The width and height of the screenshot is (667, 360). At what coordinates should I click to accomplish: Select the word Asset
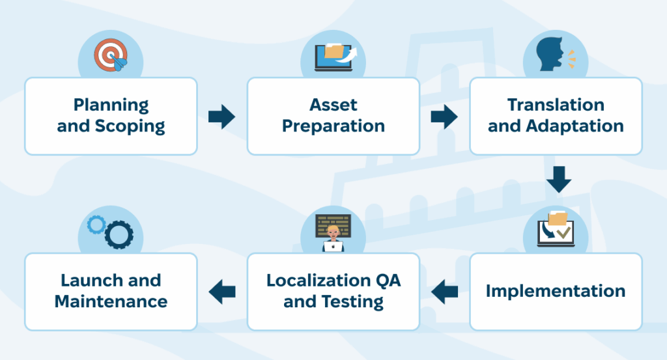[x=333, y=105]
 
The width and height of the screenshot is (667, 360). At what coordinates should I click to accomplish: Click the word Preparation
[x=333, y=126]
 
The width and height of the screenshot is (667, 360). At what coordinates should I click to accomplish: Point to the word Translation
[x=556, y=105]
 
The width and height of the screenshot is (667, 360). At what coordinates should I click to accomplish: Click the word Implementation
[x=556, y=291]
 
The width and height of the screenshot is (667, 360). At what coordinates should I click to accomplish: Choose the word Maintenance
[x=111, y=301]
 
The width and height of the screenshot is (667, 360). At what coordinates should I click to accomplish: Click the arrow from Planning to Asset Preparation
[x=221, y=117]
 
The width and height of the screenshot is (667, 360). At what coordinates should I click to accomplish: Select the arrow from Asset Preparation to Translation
[x=444, y=117]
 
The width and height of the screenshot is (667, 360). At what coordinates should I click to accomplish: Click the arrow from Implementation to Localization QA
[x=445, y=291]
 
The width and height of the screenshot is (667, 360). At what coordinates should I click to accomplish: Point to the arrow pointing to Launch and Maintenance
[x=222, y=291]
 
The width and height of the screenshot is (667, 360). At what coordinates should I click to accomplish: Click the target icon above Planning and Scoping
[x=110, y=55]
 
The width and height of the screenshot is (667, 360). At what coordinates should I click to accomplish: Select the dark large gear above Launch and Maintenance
[x=119, y=234]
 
